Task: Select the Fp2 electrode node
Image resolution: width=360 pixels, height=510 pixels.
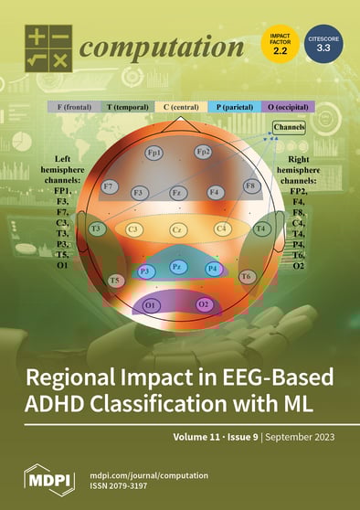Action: pos(203,152)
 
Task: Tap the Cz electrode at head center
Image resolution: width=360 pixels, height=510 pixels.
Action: pos(179,228)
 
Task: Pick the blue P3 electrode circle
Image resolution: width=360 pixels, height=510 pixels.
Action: pos(144,271)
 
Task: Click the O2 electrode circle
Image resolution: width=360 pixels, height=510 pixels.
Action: pos(204,303)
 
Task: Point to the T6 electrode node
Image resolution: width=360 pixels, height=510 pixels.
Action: pos(246,275)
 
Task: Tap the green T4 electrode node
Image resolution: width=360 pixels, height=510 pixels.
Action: pos(261,228)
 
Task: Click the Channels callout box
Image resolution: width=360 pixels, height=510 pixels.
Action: pos(289,127)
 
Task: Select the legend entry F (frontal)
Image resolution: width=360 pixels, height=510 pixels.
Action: pos(73,107)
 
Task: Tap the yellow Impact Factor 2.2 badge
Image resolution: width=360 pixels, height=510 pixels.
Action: pos(280,44)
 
